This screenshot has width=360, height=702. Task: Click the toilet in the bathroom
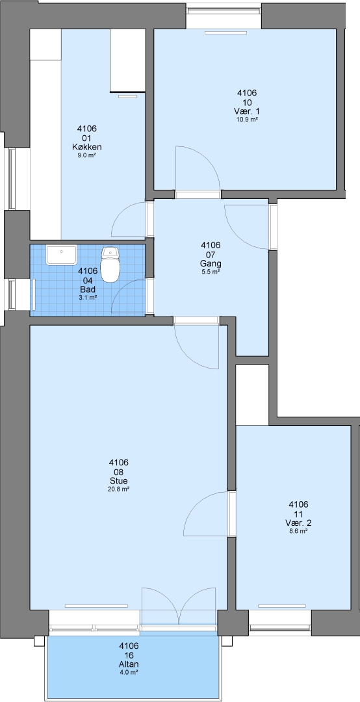click(x=110, y=265)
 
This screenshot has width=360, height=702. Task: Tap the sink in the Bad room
click(x=61, y=255)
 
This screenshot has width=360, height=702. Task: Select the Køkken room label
click(x=87, y=147)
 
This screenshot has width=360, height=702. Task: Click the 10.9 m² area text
click(x=247, y=120)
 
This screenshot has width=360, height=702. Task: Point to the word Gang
click(x=211, y=263)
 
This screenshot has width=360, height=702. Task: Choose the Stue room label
click(x=119, y=481)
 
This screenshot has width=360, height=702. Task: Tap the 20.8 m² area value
click(x=119, y=489)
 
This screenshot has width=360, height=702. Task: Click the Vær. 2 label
click(x=298, y=523)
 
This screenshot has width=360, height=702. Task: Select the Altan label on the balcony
click(x=129, y=664)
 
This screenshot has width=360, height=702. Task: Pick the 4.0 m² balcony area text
click(x=129, y=673)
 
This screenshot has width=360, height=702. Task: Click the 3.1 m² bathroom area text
click(x=88, y=297)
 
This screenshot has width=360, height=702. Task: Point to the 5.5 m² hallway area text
click(x=211, y=272)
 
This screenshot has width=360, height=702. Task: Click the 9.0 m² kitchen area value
click(x=87, y=155)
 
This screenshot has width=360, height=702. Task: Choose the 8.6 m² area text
click(x=298, y=531)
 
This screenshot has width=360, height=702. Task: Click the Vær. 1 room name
click(x=247, y=111)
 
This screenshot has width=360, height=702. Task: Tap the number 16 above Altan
click(x=129, y=655)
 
